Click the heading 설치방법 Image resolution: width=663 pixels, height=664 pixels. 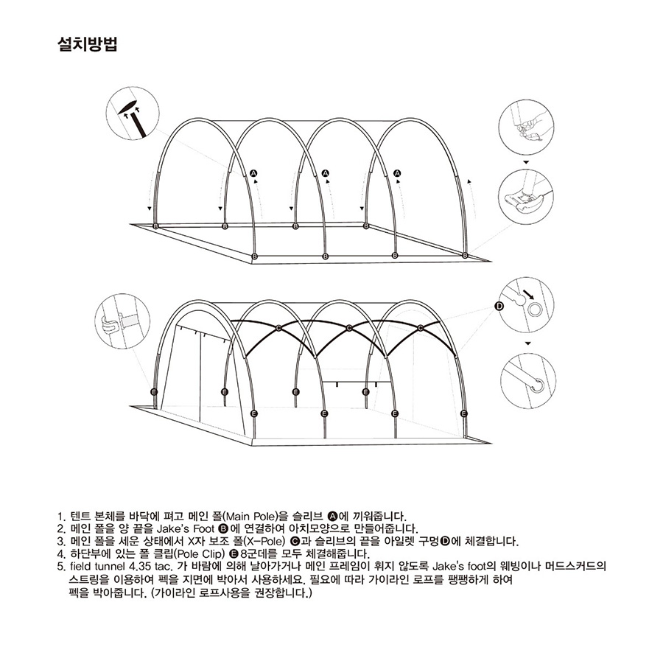(x=87, y=44)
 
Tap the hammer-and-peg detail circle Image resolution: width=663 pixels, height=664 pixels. (x=133, y=113)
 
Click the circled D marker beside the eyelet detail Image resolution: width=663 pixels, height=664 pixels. (x=499, y=306)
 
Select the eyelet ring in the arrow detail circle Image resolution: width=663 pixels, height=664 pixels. (x=534, y=310)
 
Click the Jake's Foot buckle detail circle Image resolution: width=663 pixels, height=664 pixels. (x=526, y=197)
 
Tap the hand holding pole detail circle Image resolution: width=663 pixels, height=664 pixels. (x=526, y=127)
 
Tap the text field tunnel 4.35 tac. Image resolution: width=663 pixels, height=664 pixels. (x=121, y=566)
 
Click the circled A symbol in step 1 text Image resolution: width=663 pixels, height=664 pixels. (x=332, y=516)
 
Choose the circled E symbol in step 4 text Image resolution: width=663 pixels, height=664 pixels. (x=234, y=553)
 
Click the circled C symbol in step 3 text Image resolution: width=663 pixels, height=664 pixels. (x=295, y=541)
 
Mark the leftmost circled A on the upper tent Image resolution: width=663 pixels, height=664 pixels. (x=253, y=172)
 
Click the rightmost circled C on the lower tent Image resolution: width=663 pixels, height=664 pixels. (x=421, y=328)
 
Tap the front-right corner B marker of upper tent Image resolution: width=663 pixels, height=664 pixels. (x=466, y=255)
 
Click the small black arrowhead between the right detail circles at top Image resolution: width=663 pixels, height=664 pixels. (x=526, y=162)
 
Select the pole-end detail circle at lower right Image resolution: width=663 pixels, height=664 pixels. (x=527, y=381)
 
